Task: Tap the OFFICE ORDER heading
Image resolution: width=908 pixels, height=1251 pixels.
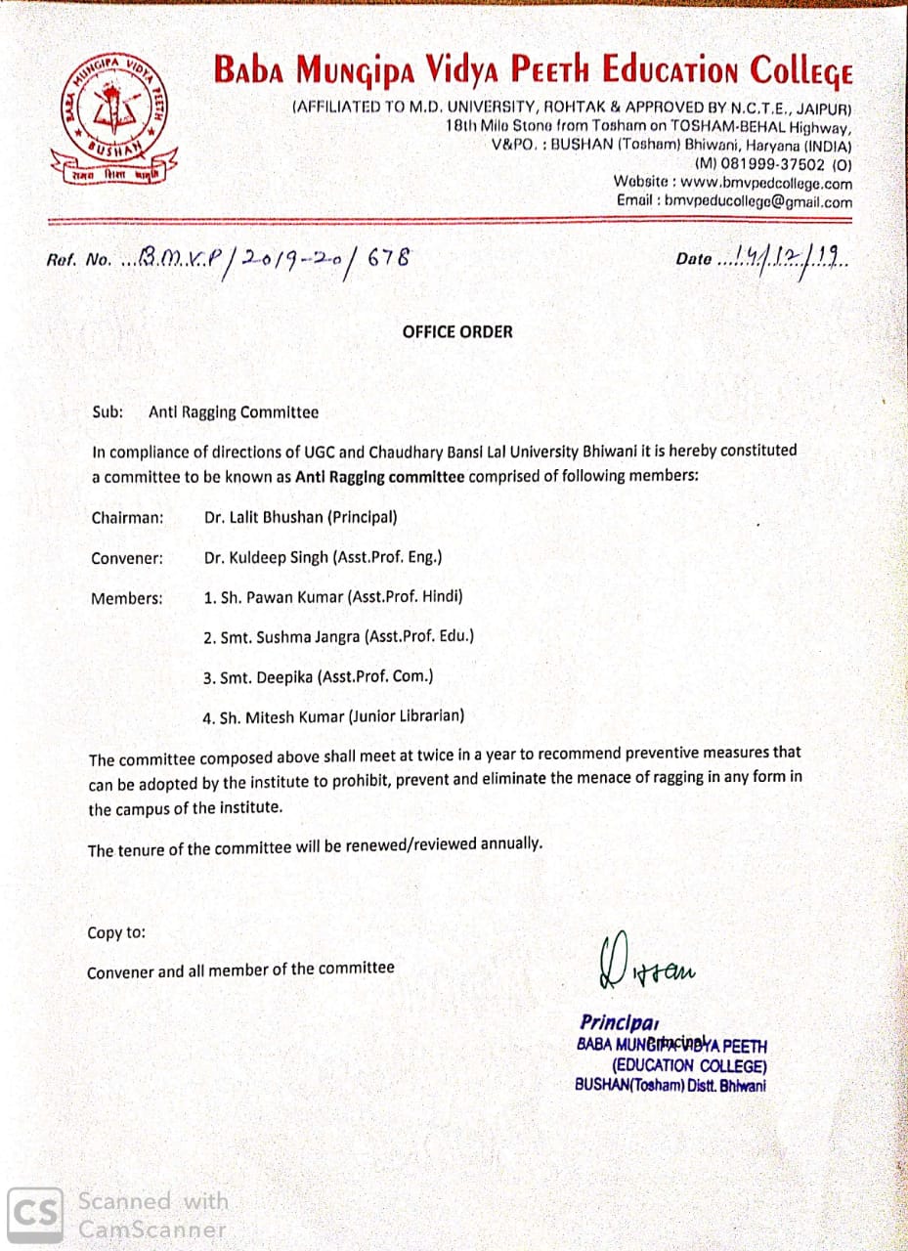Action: click(456, 331)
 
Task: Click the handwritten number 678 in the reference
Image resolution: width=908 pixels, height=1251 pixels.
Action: click(387, 258)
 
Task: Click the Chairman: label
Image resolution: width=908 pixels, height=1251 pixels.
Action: click(127, 518)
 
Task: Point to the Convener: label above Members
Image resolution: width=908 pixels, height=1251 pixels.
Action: click(127, 558)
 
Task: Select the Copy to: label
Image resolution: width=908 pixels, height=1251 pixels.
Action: click(116, 932)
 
